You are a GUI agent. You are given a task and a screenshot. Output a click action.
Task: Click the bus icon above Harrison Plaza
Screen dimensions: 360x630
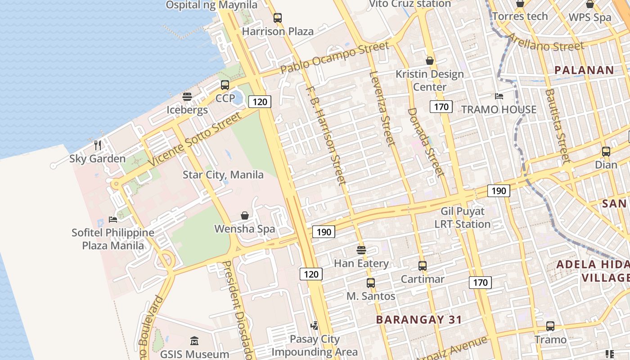click(278, 18)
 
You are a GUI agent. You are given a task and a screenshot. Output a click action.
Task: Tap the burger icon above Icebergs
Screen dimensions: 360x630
click(187, 97)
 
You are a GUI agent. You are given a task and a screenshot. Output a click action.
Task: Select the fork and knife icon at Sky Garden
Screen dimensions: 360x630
click(98, 145)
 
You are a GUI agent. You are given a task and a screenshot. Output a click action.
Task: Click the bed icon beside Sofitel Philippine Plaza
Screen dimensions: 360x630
click(113, 219)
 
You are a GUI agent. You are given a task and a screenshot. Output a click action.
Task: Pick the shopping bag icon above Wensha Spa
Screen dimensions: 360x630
click(245, 216)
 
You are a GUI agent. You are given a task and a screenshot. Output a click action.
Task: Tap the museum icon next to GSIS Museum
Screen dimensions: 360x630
click(194, 341)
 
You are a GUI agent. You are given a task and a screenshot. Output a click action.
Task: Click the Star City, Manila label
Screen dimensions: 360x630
click(223, 175)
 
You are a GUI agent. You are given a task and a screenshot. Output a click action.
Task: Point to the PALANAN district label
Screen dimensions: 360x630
click(584, 70)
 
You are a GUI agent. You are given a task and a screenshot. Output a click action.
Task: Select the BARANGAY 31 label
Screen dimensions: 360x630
click(419, 320)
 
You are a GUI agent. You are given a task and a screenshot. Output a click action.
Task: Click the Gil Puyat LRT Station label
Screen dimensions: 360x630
click(462, 217)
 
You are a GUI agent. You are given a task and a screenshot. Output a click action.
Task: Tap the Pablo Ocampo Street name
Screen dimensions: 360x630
click(334, 58)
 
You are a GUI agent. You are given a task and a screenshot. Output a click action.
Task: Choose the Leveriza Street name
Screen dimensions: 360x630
click(382, 108)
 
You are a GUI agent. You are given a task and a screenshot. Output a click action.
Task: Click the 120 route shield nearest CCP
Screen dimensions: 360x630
click(260, 102)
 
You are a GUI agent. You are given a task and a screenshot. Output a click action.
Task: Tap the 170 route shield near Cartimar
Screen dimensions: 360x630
click(480, 283)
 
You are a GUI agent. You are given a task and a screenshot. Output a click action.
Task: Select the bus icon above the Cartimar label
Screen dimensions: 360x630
click(422, 266)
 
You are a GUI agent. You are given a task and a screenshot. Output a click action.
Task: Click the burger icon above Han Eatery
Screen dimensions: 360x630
click(361, 250)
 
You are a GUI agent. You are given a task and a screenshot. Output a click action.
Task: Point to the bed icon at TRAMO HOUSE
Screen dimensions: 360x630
click(499, 96)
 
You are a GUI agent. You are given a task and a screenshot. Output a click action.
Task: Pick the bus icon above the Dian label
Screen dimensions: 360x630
click(606, 152)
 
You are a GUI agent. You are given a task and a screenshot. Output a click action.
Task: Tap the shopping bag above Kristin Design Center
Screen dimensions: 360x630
click(430, 61)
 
